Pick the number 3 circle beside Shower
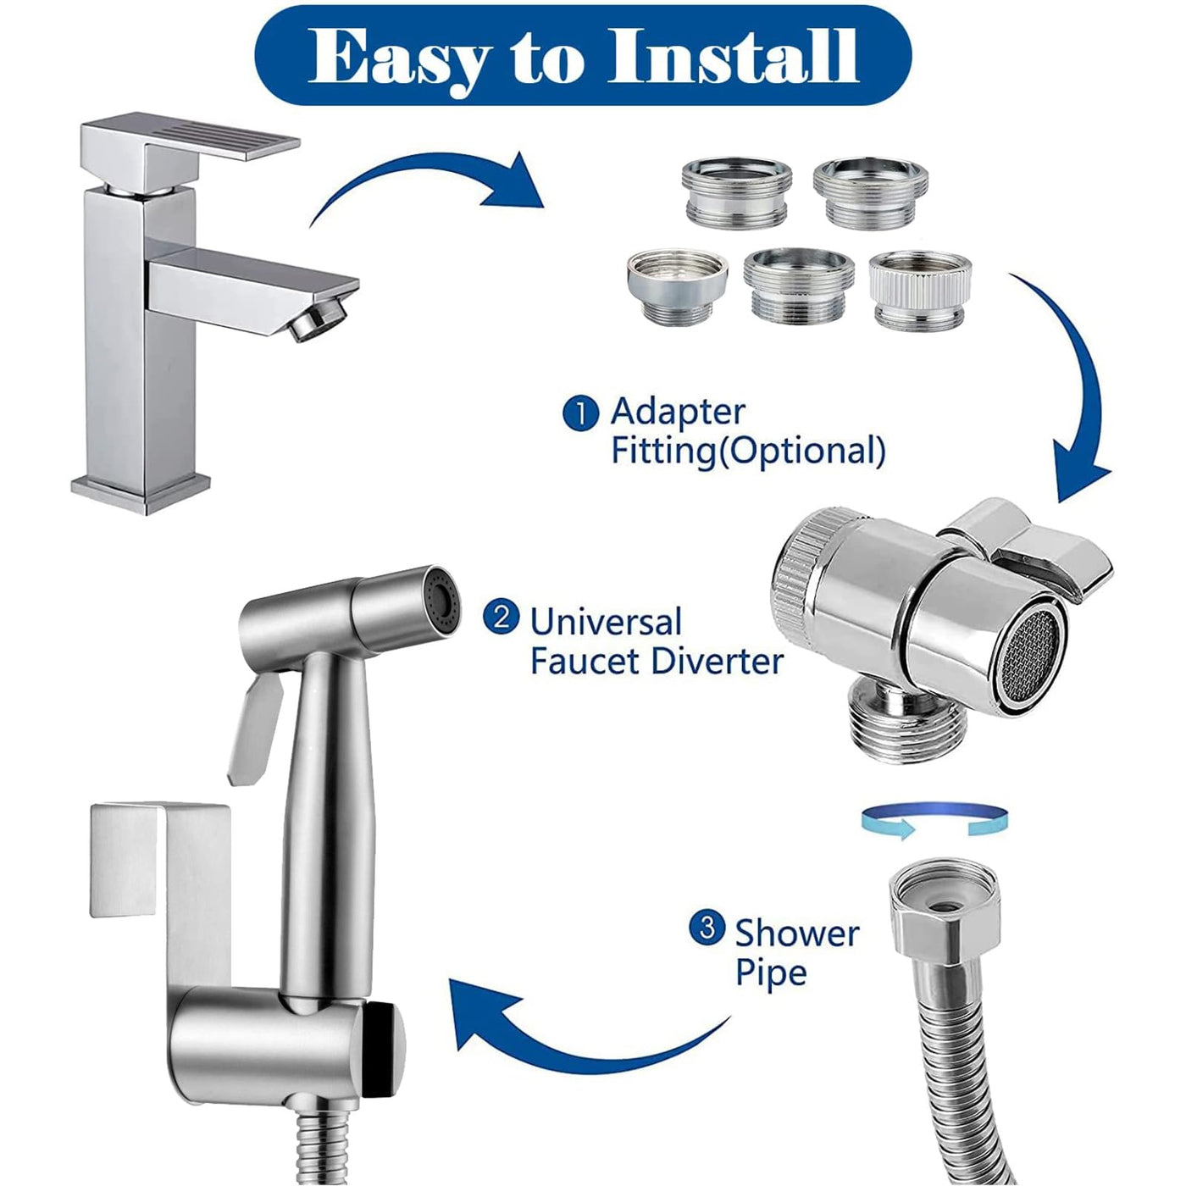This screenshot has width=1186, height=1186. pos(707,928)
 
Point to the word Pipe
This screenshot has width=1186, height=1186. pos(771,973)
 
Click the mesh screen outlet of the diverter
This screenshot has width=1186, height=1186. pos(1030,658)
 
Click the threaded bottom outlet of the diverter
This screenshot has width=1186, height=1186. pos(884,724)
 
